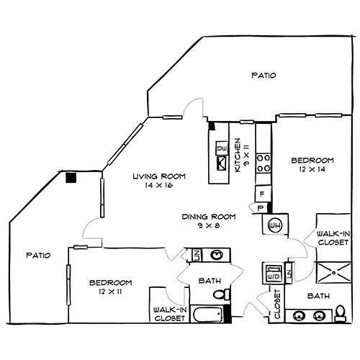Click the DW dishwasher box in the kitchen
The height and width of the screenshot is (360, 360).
pos(222,148)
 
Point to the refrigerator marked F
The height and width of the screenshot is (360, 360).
pos(263,194)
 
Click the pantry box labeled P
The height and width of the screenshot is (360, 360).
pos(261,208)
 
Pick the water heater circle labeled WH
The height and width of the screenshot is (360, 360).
pos(274,225)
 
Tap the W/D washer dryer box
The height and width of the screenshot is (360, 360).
pos(272,274)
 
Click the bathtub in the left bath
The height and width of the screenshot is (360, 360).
pos(207,315)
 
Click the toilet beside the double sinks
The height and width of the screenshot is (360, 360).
pos(341,312)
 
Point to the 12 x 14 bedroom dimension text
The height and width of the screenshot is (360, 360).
pos(312,169)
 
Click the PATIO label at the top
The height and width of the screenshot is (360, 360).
pos(264,75)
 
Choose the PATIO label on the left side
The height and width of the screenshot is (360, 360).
pos(37,255)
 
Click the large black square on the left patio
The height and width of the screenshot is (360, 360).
pos(71,177)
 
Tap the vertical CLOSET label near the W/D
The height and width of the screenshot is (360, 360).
pos(277,303)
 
